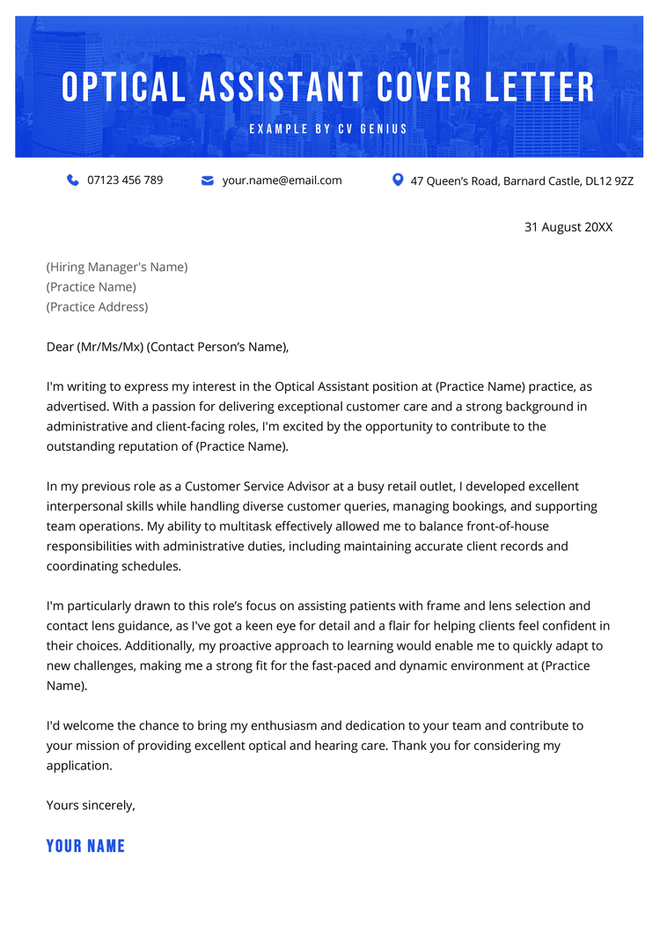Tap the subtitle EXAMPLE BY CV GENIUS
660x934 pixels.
329,129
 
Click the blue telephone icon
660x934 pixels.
73,180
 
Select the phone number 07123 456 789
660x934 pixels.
125,180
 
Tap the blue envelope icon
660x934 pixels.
208,180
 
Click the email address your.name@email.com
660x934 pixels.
282,180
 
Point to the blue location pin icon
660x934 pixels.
398,180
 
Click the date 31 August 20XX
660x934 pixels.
568,227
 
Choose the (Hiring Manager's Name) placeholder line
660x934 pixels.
117,267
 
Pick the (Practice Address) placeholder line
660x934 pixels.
97,307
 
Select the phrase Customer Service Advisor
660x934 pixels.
256,487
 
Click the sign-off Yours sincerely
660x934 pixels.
91,805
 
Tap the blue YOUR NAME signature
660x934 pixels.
85,846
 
